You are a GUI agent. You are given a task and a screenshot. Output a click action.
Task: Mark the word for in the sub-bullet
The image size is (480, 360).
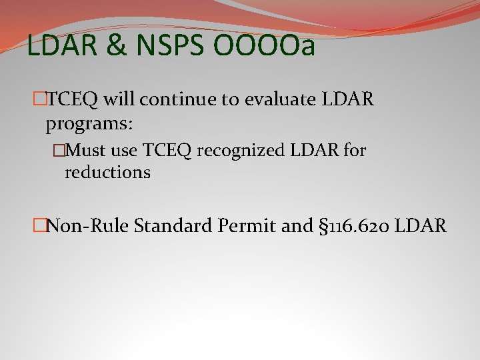[x=355, y=151]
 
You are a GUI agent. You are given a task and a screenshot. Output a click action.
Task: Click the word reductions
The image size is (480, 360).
[x=107, y=173]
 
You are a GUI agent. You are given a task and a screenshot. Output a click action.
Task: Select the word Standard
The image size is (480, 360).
[x=172, y=226]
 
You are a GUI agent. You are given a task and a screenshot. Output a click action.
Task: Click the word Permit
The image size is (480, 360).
[x=249, y=226]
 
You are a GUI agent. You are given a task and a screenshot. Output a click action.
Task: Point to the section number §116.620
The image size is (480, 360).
[x=353, y=226]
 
